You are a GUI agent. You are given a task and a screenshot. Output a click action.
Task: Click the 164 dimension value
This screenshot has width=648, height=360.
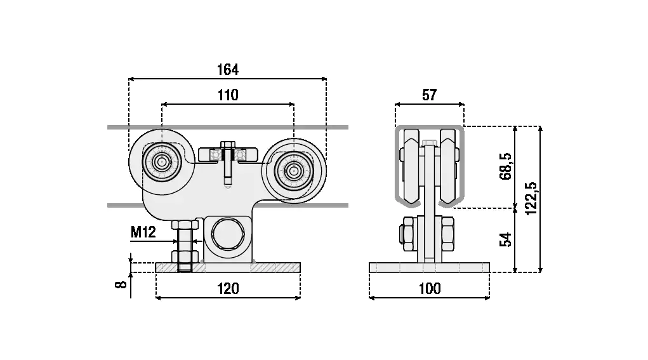tap(228, 69)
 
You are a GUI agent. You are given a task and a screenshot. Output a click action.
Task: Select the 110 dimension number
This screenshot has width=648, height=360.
tap(228, 95)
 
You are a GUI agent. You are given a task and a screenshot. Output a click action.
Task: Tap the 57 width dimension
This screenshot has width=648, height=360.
tap(429, 95)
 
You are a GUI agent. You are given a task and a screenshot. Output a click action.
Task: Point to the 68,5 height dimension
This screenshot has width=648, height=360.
tap(506, 166)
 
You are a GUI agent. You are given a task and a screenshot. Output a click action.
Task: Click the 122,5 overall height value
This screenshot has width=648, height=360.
tap(532, 199)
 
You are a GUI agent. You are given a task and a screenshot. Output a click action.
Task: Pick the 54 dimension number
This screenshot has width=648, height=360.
tap(506, 240)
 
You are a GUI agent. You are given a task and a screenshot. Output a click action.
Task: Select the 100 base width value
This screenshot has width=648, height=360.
tap(430, 289)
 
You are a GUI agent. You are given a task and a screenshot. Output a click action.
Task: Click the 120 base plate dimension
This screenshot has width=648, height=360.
tap(228, 289)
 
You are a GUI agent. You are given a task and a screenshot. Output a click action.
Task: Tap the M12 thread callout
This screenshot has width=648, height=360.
tap(143, 232)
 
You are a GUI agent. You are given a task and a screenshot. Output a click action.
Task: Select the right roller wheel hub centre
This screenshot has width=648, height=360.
tap(293, 169)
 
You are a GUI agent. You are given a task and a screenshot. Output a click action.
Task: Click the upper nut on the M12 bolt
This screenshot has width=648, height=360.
tap(185, 225)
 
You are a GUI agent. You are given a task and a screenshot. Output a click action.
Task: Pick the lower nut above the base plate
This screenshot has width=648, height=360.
tap(185, 257)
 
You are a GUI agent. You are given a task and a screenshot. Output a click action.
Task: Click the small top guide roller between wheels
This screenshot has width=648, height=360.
tap(229, 154)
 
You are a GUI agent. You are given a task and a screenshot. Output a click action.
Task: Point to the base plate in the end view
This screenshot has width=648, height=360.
tap(430, 267)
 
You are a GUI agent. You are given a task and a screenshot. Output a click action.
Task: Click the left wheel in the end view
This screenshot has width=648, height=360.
tap(410, 166)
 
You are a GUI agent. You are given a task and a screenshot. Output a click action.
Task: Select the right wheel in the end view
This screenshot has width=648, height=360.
tap(449, 166)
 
